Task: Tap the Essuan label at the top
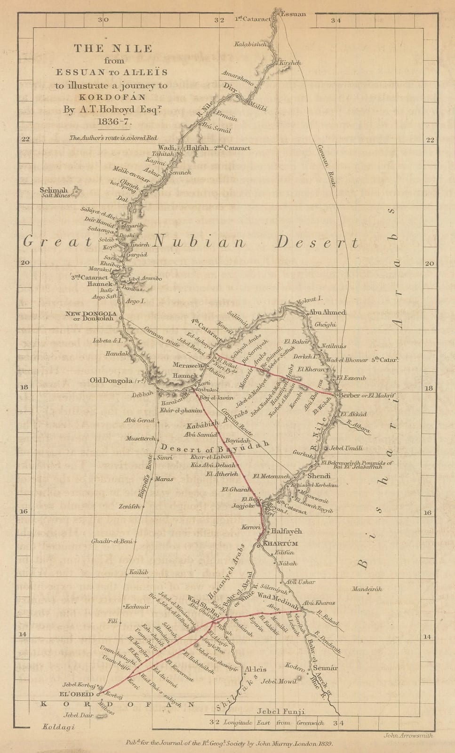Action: pos(293,14)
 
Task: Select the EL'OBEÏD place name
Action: pos(76,694)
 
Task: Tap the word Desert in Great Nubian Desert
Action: pos(317,242)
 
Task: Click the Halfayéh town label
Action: pos(286,531)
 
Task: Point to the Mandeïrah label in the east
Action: pos(367,589)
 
